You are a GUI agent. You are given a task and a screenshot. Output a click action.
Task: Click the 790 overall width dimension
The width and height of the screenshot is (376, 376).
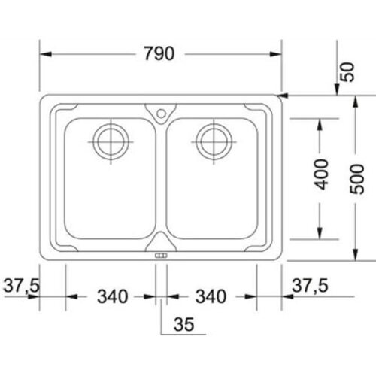pyautogui.click(x=159, y=53)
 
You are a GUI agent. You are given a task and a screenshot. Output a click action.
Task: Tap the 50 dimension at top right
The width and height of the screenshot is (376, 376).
pyautogui.click(x=348, y=72)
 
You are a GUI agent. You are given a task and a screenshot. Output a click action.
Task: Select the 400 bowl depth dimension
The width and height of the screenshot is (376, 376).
pyautogui.click(x=321, y=174)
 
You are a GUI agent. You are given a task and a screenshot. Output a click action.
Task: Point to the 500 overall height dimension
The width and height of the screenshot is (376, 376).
pyautogui.click(x=356, y=179)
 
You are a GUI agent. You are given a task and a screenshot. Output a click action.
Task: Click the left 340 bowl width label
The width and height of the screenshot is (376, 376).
pyautogui.click(x=113, y=296)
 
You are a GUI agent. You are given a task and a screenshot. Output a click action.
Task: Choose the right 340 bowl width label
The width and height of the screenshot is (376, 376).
pyautogui.click(x=211, y=296)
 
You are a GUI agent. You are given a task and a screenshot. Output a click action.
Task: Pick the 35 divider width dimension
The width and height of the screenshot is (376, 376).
pyautogui.click(x=183, y=324)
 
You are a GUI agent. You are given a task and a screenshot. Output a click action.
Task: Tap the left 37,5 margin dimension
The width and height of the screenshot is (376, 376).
pyautogui.click(x=21, y=285)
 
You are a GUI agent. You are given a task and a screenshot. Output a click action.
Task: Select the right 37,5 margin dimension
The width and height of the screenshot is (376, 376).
pyautogui.click(x=310, y=285)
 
